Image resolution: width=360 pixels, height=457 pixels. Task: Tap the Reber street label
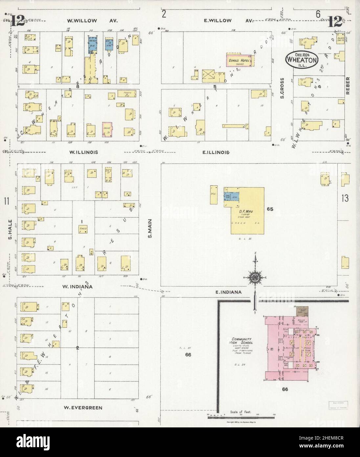click(348, 86)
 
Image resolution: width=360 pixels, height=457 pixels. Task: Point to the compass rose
click(255, 278)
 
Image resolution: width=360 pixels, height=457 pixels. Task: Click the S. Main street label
click(149, 229)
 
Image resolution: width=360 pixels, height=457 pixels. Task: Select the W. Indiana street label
click(77, 287)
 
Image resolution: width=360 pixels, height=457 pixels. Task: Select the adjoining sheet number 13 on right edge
click(345, 198)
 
